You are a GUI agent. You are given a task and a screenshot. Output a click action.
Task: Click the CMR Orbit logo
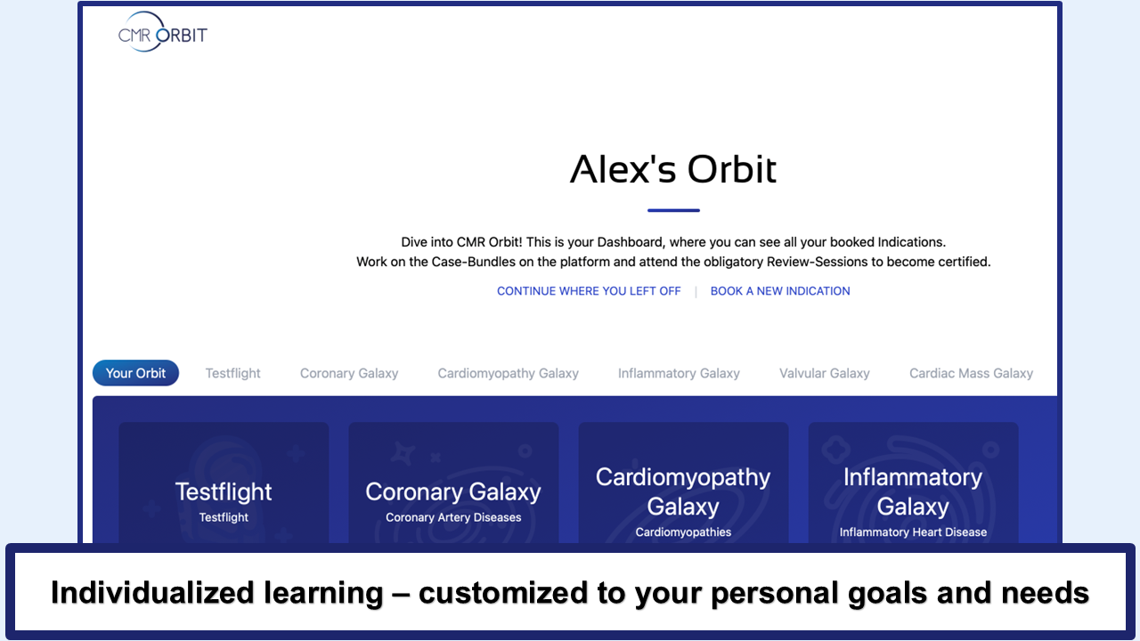162,32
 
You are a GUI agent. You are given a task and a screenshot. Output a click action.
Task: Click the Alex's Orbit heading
672,169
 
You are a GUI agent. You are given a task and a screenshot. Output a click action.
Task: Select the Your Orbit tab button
135,373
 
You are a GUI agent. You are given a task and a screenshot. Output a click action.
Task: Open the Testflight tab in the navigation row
232,373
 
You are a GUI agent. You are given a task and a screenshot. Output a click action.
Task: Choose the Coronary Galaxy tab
349,373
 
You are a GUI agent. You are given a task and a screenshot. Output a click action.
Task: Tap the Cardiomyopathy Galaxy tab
508,373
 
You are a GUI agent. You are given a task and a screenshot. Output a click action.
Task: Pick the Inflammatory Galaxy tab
679,373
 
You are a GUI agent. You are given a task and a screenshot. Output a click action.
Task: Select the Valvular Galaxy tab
825,373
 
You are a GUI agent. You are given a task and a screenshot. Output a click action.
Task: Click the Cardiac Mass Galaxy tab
971,373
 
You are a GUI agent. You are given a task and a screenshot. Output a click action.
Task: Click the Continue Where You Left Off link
589,291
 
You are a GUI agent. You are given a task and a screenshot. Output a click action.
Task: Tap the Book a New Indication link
780,291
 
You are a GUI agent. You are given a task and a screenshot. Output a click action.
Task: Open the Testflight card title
224,492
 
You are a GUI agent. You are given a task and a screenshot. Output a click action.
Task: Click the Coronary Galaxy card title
453,492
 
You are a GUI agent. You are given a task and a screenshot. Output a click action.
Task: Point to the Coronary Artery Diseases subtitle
453,517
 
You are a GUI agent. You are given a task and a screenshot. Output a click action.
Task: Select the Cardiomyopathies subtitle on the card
683,532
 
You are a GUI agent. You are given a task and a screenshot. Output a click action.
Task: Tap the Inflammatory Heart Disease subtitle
913,532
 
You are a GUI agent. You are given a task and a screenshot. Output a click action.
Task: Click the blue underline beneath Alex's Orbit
673,210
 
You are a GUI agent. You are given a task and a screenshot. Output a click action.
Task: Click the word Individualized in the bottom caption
152,593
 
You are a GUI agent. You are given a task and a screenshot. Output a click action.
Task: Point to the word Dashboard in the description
630,242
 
